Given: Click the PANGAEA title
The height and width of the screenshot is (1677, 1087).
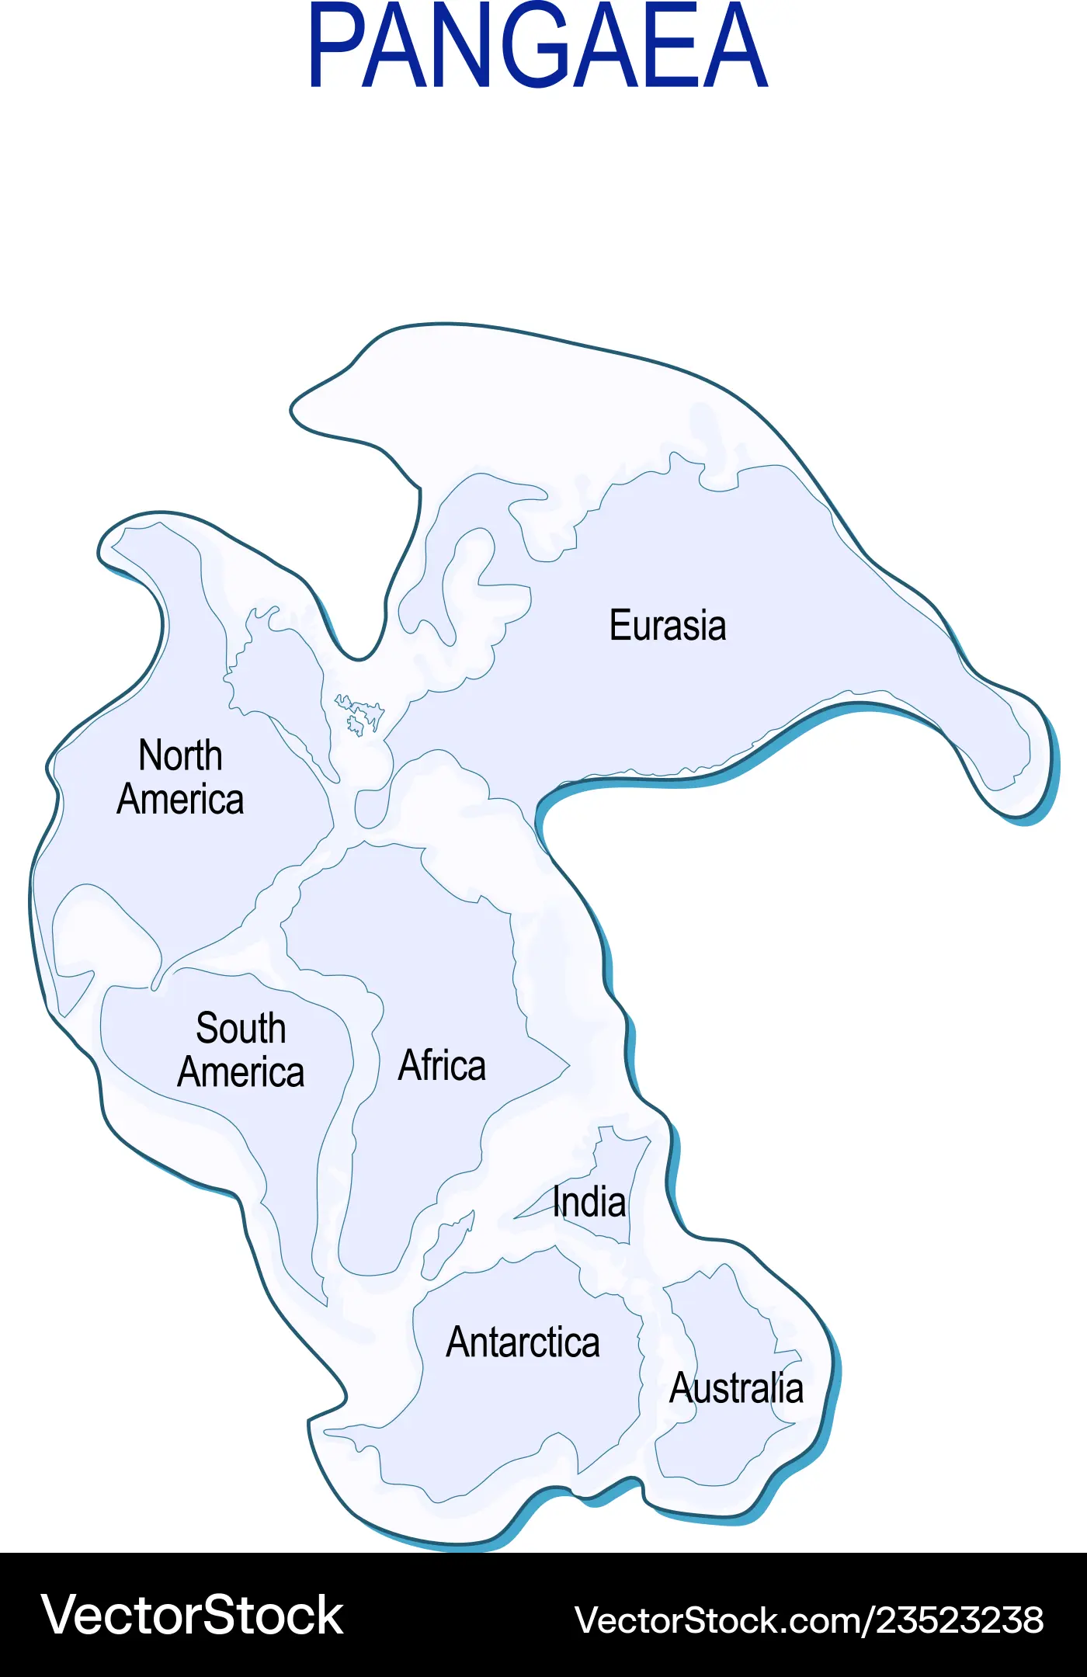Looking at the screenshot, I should click(x=538, y=47).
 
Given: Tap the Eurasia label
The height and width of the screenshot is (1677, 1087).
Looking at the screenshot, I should click(x=668, y=626).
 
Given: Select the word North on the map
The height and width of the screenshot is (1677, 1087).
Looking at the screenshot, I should click(x=180, y=755).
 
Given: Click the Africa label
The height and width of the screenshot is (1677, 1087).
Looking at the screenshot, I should click(x=442, y=1065).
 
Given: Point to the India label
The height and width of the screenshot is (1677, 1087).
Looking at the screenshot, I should click(x=589, y=1203).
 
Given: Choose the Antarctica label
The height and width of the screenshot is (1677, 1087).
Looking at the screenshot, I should click(x=523, y=1343).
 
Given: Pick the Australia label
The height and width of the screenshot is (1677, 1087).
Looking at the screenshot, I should click(x=736, y=1388).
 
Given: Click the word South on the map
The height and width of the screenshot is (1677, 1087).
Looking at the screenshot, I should click(x=241, y=1029).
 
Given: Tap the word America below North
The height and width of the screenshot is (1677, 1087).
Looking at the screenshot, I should click(x=180, y=800).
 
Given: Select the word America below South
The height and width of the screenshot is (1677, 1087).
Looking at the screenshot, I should click(x=241, y=1073).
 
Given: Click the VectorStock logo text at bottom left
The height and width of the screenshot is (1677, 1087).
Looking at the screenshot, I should click(x=192, y=1615).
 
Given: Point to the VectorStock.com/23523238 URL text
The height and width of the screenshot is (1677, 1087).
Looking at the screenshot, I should click(x=809, y=1620).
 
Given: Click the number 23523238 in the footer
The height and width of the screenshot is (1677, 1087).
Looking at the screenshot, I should click(x=960, y=1620).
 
